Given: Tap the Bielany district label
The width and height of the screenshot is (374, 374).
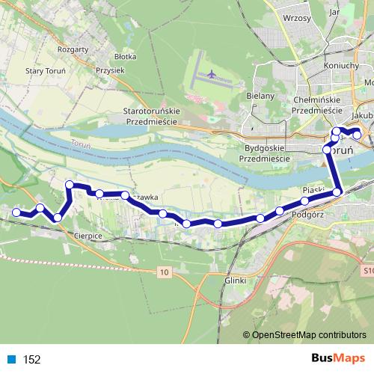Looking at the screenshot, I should [261, 96].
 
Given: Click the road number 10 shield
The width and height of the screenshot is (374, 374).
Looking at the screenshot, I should [163, 273].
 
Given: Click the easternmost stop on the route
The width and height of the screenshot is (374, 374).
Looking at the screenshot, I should [358, 135].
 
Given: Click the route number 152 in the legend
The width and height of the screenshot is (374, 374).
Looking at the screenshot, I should [31, 360].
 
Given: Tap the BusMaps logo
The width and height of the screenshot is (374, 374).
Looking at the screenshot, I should [334, 358].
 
